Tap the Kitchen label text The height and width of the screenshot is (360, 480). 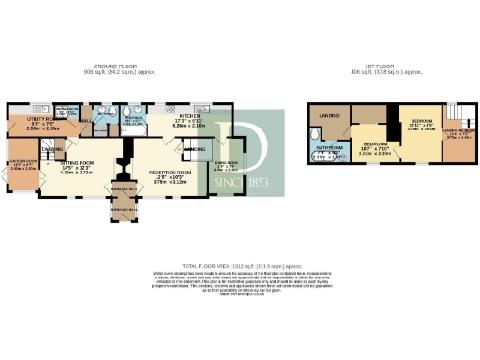point(189,119)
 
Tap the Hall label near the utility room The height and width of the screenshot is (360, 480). point(85,121)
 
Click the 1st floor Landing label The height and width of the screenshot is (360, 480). point(332,115)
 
